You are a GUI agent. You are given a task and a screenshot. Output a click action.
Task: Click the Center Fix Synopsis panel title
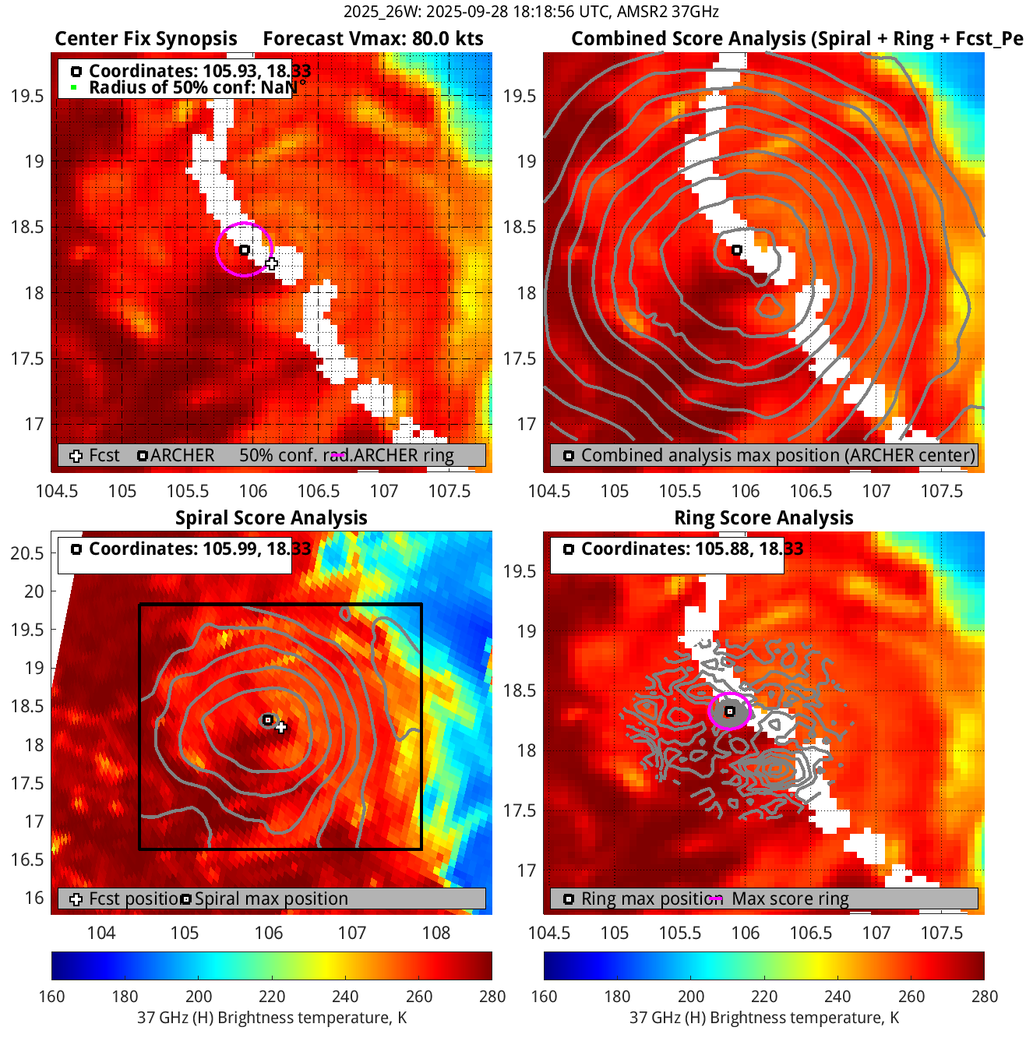point(146,39)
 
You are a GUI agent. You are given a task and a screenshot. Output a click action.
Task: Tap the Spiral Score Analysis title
point(271,518)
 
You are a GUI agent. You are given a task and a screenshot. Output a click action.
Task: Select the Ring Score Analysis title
point(763,518)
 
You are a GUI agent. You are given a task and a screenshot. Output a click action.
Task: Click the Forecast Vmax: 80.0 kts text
point(372,39)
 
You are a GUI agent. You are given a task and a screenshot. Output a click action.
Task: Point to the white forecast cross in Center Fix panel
point(271,263)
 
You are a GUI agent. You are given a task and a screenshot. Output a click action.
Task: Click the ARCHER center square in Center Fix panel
point(245,250)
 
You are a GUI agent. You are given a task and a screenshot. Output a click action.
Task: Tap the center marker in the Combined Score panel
point(737,250)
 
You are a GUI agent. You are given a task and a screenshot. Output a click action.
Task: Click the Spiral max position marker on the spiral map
point(268,720)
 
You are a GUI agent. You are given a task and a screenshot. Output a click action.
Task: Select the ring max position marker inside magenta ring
point(730,711)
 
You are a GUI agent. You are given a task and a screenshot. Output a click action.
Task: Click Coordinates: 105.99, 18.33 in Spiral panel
point(199,549)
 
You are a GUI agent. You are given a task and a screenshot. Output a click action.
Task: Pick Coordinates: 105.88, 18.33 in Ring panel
point(692,549)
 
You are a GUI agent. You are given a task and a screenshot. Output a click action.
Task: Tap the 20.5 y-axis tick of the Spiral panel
point(27,553)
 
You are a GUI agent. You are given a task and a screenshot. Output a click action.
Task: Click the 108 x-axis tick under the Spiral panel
point(436,933)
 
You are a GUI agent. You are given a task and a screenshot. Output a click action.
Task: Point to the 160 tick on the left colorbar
point(51,996)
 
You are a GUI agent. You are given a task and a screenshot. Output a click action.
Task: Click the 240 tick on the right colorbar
point(837,996)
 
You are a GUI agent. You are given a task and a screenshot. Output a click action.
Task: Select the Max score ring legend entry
point(789,898)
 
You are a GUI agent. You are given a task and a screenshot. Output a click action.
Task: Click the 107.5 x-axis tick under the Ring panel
point(942,933)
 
